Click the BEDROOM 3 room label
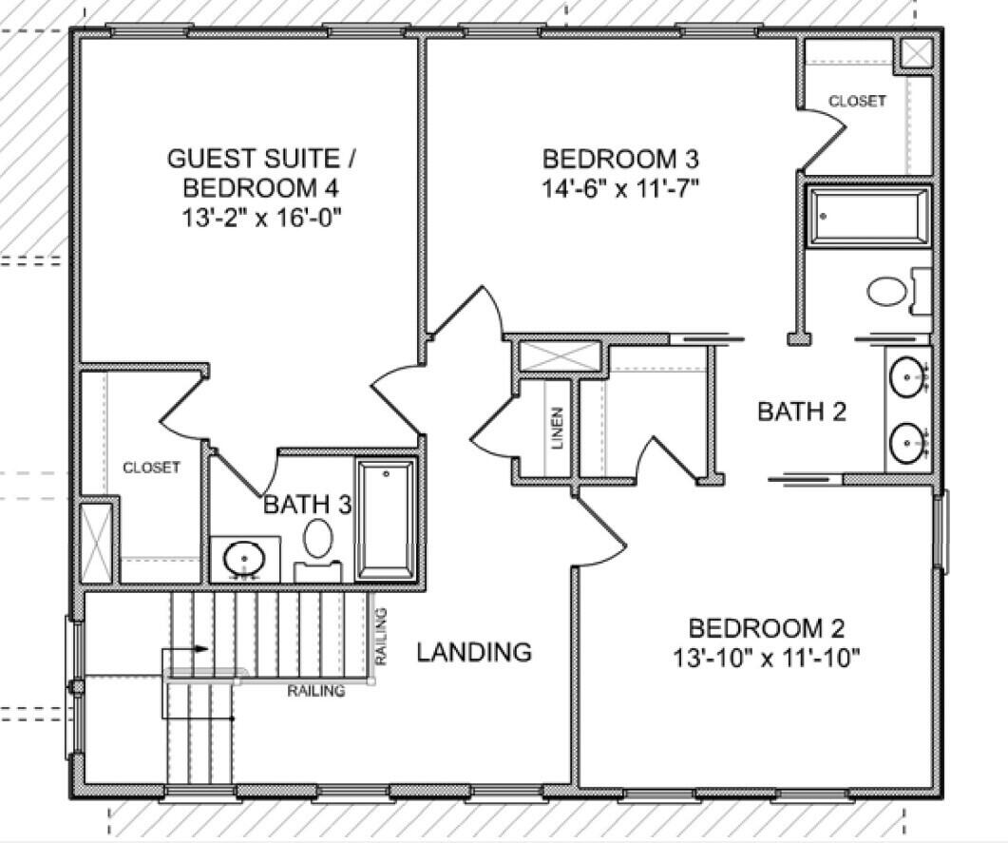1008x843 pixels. pos(620,158)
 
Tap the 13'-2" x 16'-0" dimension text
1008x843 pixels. pos(262,217)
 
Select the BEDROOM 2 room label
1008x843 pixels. pos(766,628)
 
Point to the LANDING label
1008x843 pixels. pos(474,652)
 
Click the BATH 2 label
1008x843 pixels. pos(802,412)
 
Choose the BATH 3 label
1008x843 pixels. pos(306,504)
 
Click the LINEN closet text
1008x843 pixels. pos(558,428)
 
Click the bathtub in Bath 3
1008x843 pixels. pos(385,519)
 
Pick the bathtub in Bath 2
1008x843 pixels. pos(868,217)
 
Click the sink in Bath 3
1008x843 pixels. pos(244,558)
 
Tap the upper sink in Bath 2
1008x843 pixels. pos(907,377)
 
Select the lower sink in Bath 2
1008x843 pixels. pos(907,442)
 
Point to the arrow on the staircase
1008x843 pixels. pos(200,648)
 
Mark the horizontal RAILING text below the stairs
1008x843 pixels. pos(316,691)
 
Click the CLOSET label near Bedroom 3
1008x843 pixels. pos(857,101)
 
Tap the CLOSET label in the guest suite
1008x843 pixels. pos(151,468)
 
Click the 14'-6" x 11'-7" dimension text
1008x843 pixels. pos(620,188)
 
